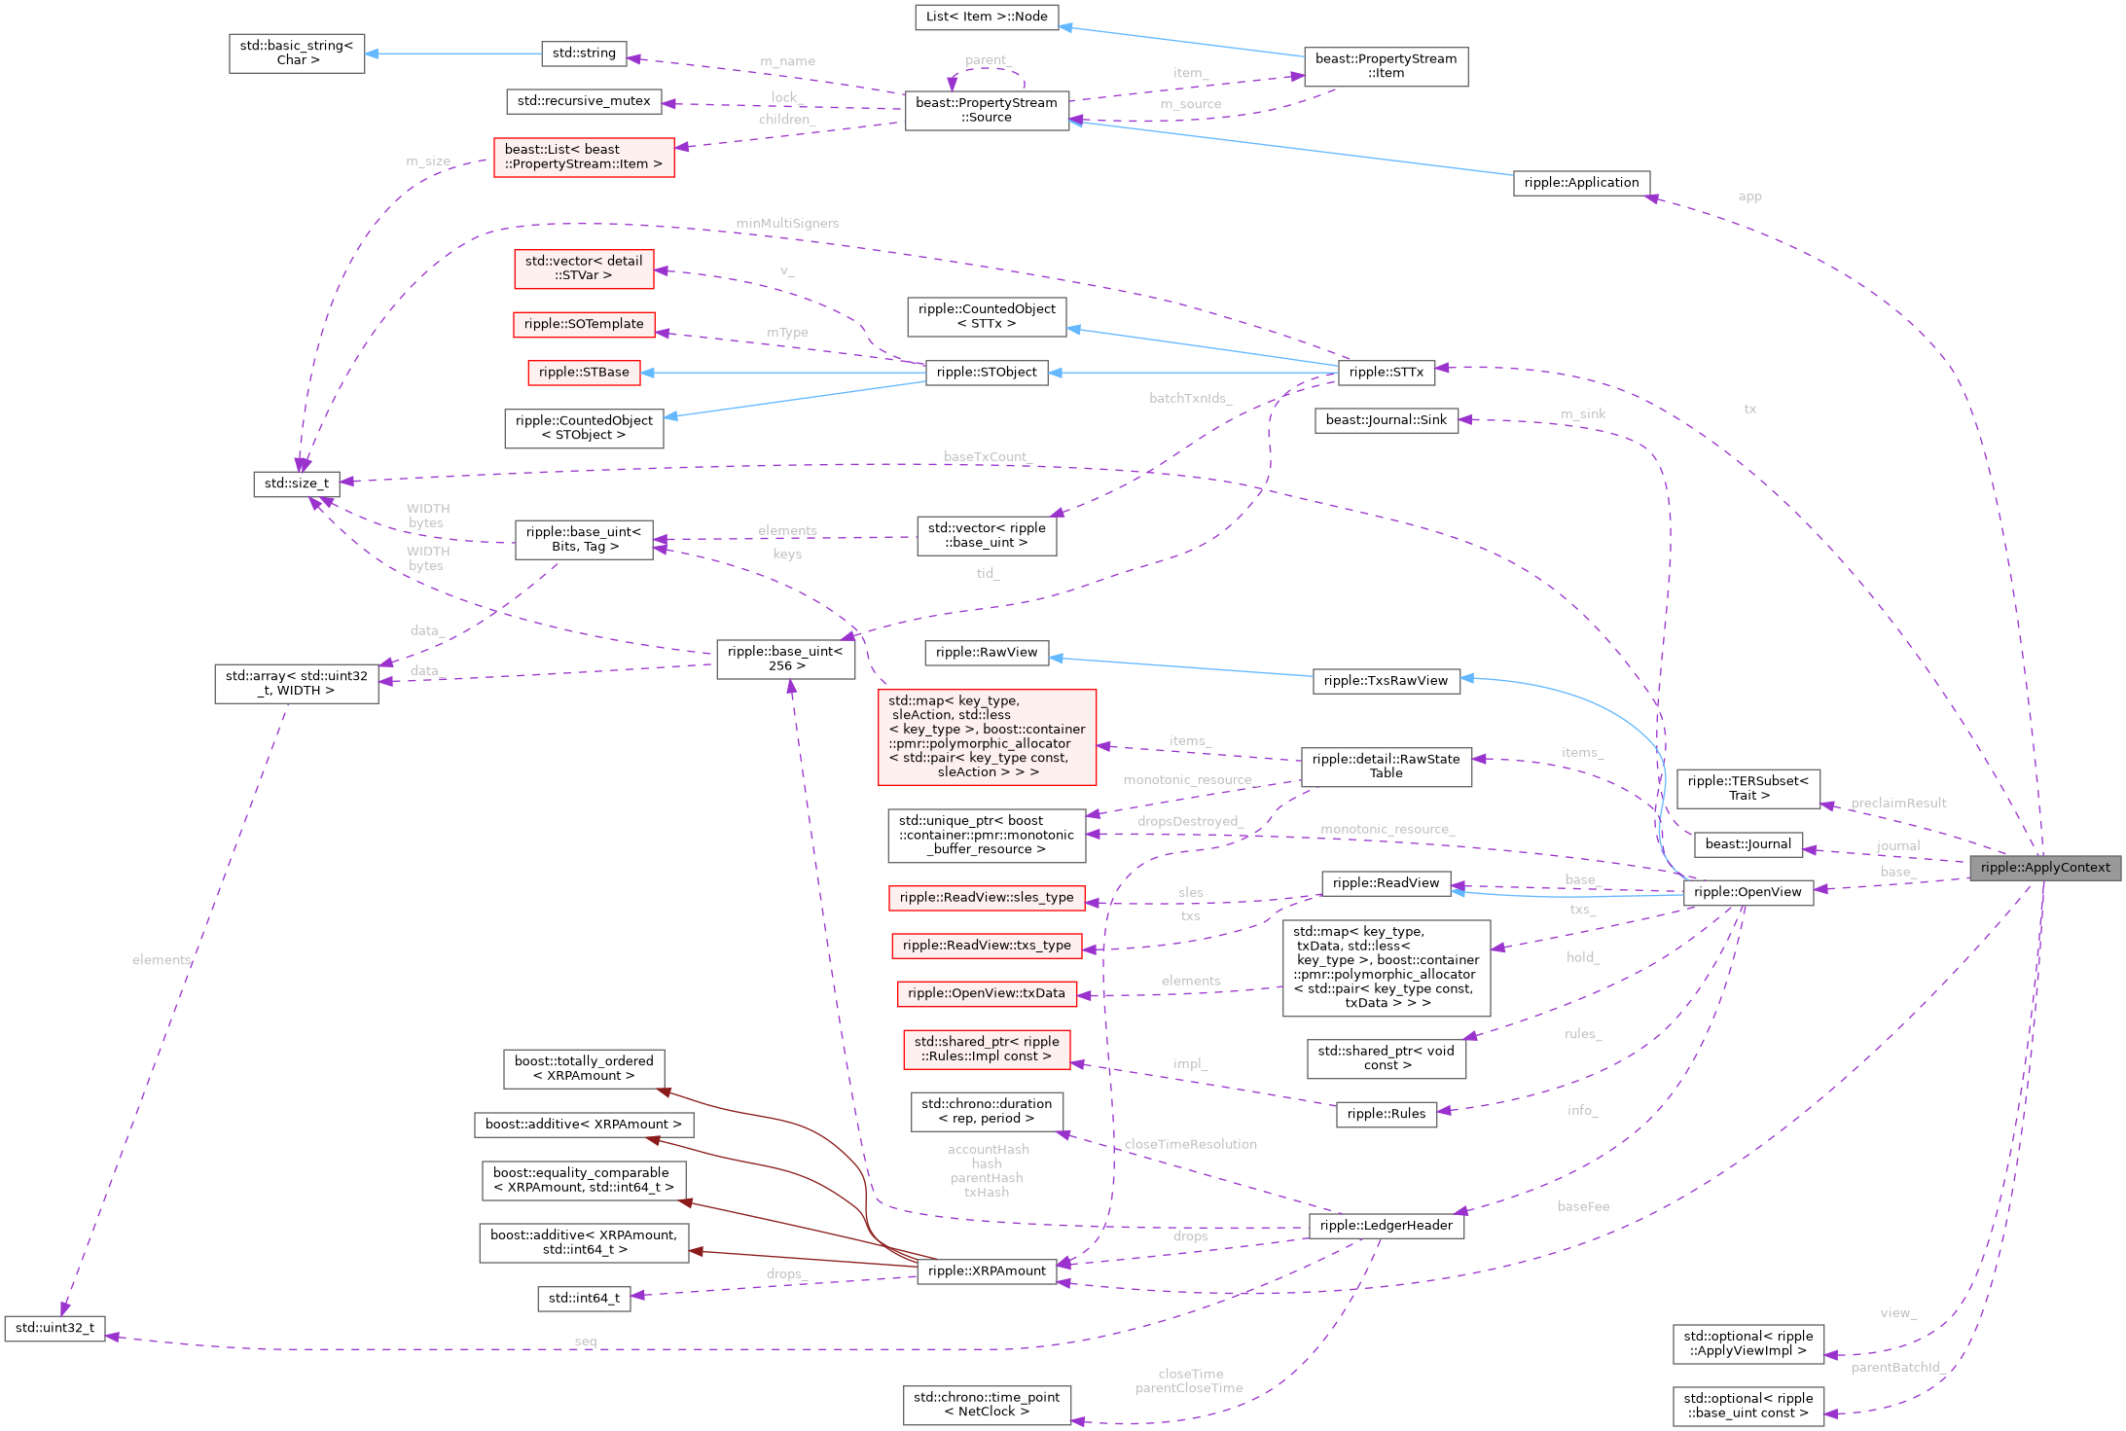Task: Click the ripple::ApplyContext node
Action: click(x=2044, y=867)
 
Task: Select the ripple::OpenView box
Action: click(x=1748, y=892)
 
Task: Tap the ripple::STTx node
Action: click(x=1386, y=372)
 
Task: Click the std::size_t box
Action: click(x=296, y=483)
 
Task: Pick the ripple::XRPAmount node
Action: click(x=986, y=1270)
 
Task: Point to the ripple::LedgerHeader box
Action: click(x=1386, y=1225)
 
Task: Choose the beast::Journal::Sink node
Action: click(x=1386, y=420)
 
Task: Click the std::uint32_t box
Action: click(x=54, y=1328)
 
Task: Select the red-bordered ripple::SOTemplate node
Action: click(x=584, y=324)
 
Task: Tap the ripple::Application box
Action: click(x=1580, y=183)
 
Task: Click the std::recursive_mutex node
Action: click(x=584, y=101)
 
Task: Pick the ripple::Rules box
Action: click(x=1386, y=1114)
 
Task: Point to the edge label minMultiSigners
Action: click(x=786, y=224)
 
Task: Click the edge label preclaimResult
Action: click(x=1897, y=804)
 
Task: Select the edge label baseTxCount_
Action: click(x=986, y=457)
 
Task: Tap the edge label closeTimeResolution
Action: click(x=1190, y=1145)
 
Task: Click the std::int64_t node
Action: click(x=584, y=1298)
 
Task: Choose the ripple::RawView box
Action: click(x=986, y=653)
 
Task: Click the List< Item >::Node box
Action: click(x=986, y=17)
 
